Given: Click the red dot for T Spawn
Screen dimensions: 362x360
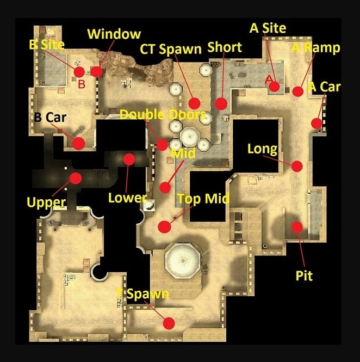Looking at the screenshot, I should [x=169, y=323].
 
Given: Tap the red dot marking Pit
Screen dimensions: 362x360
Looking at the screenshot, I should [x=297, y=226].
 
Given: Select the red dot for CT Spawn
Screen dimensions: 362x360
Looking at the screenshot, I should [x=194, y=103].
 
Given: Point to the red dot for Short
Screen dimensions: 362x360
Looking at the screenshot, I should [x=221, y=103].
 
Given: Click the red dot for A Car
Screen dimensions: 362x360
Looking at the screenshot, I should [x=316, y=123].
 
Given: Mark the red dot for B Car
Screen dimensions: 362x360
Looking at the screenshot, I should [x=78, y=143].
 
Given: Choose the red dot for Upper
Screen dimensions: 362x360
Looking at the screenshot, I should [x=76, y=178].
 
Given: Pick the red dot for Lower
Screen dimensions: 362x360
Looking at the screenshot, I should [x=129, y=159].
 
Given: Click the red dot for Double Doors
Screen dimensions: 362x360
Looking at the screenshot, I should [x=162, y=145].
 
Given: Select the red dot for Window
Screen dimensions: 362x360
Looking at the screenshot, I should [x=96, y=71].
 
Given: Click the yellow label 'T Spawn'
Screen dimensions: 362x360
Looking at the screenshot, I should [x=142, y=294].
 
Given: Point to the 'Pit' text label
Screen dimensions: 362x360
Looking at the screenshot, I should [x=304, y=276].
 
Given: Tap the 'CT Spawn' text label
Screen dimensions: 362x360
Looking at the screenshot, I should [x=170, y=49].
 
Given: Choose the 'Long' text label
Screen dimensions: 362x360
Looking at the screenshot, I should [x=262, y=149].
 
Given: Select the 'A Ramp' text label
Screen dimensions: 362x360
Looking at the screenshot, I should [x=316, y=48].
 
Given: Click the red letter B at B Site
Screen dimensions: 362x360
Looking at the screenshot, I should [x=82, y=84].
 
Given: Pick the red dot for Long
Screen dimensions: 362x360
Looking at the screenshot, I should [x=297, y=166].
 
